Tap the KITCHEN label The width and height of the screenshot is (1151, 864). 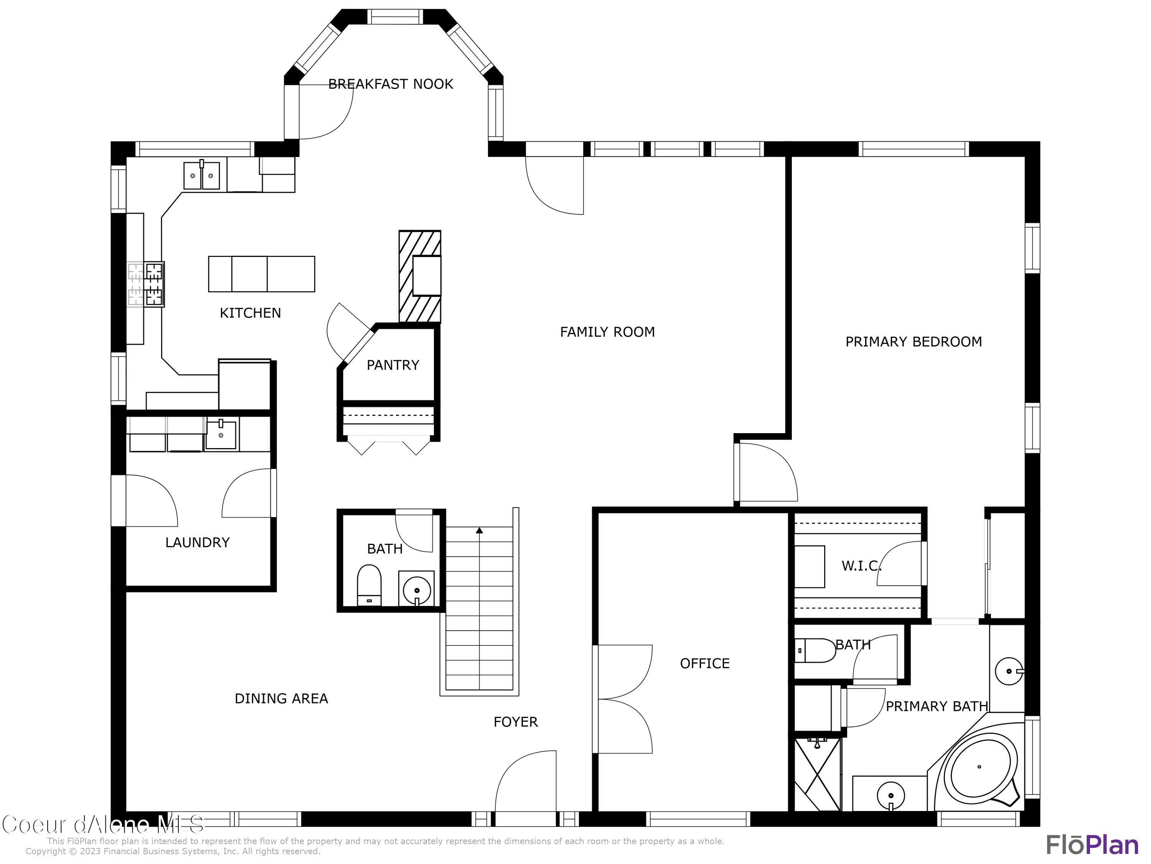250,313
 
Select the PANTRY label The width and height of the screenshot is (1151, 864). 393,365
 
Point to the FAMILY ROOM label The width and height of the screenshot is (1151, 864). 607,332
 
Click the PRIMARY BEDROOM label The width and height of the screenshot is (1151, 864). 914,342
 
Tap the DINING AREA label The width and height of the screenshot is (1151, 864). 282,698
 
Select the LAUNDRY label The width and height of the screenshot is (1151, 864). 197,542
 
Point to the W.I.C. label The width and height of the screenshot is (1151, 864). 862,566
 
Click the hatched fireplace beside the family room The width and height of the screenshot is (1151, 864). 420,276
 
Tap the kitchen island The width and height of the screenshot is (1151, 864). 262,274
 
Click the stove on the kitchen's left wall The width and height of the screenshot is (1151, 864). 146,285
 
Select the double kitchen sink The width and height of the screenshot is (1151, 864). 201,175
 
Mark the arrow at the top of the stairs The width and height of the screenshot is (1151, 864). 479,531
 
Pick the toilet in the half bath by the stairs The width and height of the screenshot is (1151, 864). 369,585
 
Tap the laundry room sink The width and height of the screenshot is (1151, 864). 221,434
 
